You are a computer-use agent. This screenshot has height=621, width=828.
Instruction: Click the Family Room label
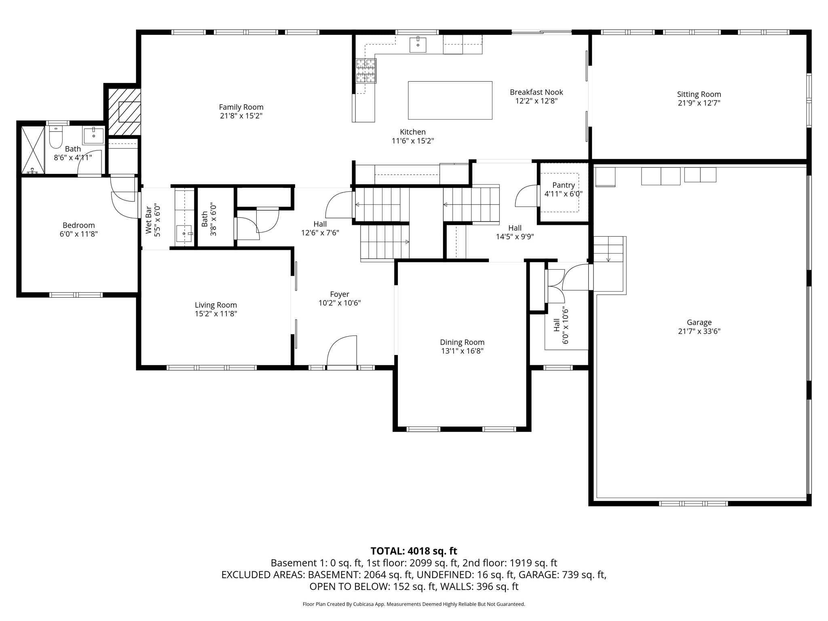pos(241,107)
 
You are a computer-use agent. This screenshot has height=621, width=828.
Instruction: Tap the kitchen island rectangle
pos(450,100)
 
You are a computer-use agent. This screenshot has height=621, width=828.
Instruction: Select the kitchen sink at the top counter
pos(418,44)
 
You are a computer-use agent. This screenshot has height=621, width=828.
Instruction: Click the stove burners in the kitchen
pos(366,71)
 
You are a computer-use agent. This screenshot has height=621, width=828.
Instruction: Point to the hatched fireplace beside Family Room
pos(124,112)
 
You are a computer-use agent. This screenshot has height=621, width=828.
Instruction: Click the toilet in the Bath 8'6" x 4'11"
pos(55,137)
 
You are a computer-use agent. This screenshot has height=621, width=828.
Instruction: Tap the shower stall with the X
pos(33,150)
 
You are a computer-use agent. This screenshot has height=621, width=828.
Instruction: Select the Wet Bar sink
pos(184,234)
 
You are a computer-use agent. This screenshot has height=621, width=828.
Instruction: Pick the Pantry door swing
pos(526,196)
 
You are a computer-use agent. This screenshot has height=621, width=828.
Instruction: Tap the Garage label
pos(699,322)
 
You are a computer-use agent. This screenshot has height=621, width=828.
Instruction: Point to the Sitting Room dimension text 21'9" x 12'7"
pos(699,103)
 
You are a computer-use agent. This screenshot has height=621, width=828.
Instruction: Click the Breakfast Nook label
pos(536,92)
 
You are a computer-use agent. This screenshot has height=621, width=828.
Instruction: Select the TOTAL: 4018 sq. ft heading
pos(414,551)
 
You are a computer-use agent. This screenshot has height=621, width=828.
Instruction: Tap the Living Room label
pos(216,305)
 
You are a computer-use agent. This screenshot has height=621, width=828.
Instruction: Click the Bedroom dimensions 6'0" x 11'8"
pos(79,234)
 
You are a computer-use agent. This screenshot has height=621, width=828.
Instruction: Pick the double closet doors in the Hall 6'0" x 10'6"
pos(556,286)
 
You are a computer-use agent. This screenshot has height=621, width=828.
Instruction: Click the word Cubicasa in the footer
pos(363,604)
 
